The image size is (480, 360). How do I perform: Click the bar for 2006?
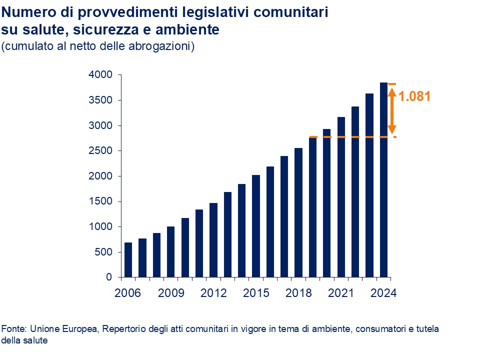pos(128,260)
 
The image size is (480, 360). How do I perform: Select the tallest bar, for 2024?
pos(384,180)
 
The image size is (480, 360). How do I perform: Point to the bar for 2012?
pos(213,240)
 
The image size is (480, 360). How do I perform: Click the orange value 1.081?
pos(414,96)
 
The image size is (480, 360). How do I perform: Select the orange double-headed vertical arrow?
pos(392,110)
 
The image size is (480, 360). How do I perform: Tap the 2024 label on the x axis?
pos(384,293)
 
